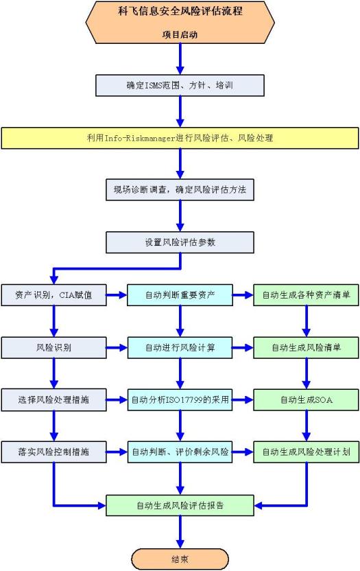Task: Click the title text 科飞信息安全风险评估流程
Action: click(180, 11)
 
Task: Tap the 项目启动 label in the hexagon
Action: click(180, 34)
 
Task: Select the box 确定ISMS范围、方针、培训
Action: click(180, 86)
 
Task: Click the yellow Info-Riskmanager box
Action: click(180, 138)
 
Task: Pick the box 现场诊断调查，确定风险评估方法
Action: click(180, 189)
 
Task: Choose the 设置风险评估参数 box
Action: click(180, 242)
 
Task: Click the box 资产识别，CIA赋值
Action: click(54, 295)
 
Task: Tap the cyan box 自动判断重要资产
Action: click(180, 295)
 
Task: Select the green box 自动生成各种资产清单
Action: click(306, 295)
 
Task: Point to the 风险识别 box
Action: click(54, 347)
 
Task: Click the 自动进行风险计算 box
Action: click(180, 347)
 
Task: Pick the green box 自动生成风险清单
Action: click(306, 347)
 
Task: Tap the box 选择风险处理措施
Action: click(54, 400)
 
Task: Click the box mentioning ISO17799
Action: click(180, 400)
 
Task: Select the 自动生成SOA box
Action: click(306, 400)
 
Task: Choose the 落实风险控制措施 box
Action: click(54, 452)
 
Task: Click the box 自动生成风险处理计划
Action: click(306, 452)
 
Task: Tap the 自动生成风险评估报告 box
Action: click(180, 505)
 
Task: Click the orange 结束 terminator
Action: click(180, 559)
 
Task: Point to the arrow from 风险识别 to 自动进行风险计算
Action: click(117, 348)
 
